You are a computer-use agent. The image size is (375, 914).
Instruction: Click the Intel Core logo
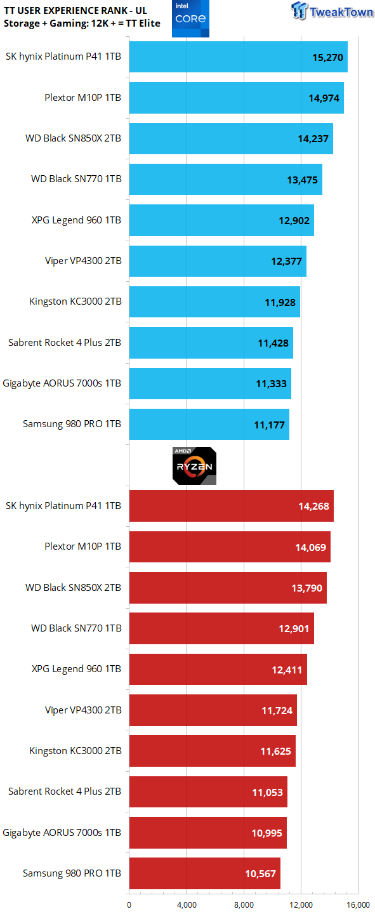190,18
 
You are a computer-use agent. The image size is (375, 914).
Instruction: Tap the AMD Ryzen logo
194,466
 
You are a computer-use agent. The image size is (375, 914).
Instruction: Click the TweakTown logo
332,11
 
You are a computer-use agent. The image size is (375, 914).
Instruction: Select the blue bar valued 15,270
239,56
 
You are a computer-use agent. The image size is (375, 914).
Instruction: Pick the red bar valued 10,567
205,873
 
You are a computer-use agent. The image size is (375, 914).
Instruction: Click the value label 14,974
324,98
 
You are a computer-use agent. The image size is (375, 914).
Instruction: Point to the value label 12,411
287,670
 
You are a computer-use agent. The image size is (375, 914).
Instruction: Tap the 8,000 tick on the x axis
244,905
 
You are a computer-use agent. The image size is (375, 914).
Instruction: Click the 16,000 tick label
358,905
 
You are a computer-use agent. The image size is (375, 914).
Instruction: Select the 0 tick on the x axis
129,905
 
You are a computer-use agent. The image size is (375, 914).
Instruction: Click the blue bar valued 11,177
209,425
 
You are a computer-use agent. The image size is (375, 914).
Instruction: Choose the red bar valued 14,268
232,506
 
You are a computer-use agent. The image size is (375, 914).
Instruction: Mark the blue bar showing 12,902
221,220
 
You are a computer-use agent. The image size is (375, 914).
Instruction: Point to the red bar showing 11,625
213,751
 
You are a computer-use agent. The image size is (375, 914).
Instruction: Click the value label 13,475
303,180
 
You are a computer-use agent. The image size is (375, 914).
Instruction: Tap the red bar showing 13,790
228,588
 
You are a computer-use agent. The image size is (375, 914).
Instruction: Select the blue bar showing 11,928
214,302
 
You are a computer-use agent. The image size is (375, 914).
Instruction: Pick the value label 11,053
268,792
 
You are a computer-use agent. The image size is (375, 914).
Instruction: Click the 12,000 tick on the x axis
301,905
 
